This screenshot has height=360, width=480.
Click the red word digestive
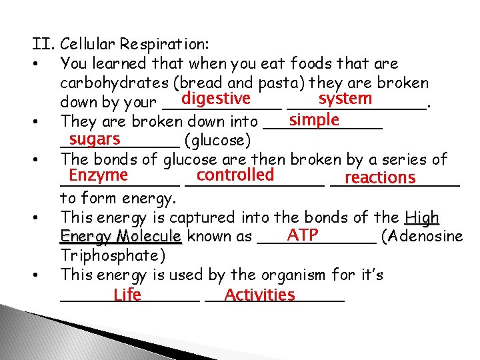click(215, 99)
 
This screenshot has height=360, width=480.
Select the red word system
click(345, 99)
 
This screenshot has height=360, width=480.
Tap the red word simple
click(315, 120)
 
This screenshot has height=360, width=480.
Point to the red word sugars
click(95, 139)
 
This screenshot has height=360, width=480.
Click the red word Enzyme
click(98, 175)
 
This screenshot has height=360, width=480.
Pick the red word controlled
click(235, 175)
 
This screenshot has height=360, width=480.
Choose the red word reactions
click(380, 178)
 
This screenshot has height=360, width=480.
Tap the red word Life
click(127, 295)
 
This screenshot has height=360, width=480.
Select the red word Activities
click(260, 295)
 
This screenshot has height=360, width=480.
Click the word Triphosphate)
click(112, 256)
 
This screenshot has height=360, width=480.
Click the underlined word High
click(422, 217)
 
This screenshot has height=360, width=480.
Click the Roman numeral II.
click(43, 45)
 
